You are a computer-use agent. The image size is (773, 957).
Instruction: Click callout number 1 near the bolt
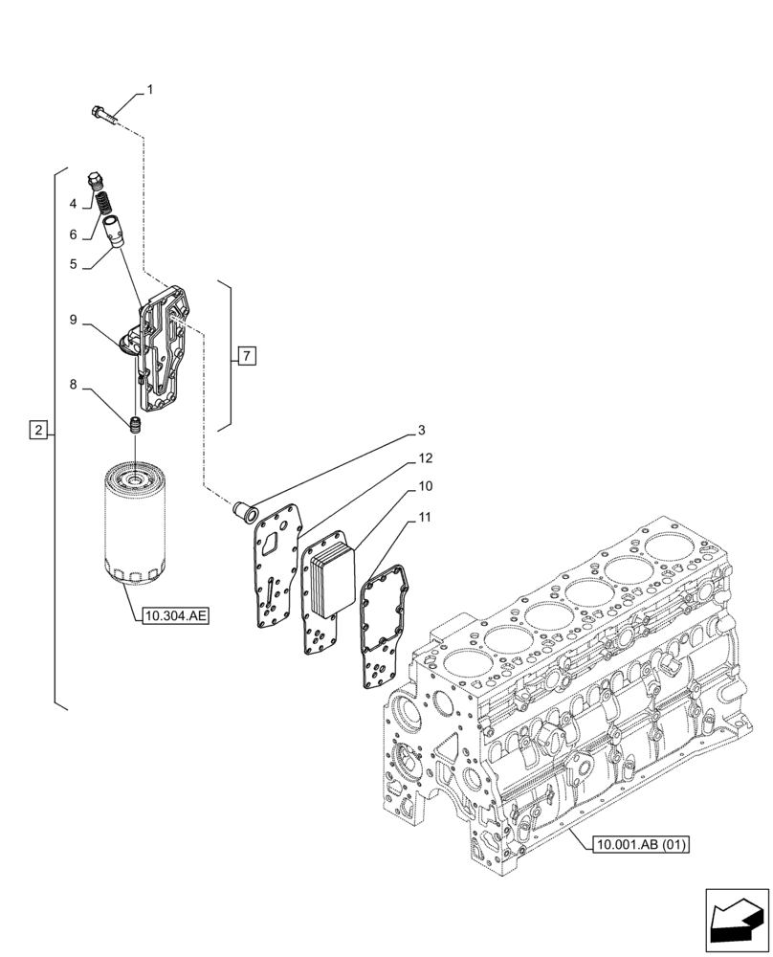point(150,91)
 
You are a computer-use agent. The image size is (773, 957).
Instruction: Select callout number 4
point(72,204)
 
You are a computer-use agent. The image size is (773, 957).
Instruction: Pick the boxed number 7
point(246,357)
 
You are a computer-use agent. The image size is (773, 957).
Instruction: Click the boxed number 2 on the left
point(37,430)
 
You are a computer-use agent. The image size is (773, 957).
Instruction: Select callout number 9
point(72,320)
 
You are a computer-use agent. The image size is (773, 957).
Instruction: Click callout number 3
point(421,431)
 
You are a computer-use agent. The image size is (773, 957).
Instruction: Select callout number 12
point(425,458)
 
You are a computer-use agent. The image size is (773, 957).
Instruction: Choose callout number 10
point(425,487)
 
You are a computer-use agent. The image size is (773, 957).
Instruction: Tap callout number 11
point(425,518)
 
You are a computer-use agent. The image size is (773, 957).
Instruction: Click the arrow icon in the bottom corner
point(737,920)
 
